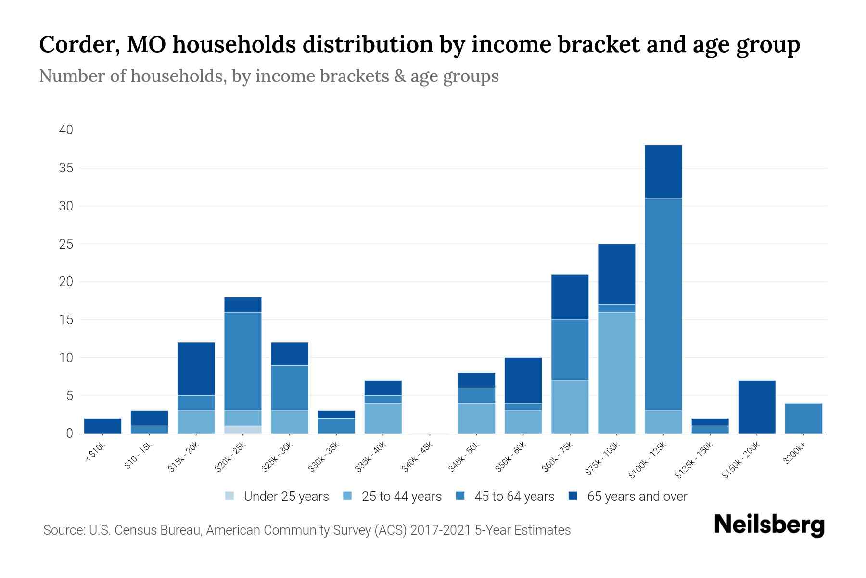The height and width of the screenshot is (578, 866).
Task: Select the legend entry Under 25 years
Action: (286, 497)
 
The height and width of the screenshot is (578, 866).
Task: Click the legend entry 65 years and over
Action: (637, 497)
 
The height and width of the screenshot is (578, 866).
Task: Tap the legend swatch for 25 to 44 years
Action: (348, 496)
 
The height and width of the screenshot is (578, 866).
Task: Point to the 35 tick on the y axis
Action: (66, 168)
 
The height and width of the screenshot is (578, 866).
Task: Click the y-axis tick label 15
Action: (66, 320)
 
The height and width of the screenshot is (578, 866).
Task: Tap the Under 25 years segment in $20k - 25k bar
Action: (243, 430)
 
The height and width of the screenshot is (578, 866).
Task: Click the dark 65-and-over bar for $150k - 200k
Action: (757, 407)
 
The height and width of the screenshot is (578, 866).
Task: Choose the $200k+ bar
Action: (803, 418)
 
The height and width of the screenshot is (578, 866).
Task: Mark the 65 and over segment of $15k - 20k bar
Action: (196, 369)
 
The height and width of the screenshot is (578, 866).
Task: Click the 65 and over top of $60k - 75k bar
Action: (570, 297)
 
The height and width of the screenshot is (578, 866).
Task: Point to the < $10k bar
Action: (102, 426)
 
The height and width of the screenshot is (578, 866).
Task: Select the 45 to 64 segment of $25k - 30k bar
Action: (290, 388)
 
